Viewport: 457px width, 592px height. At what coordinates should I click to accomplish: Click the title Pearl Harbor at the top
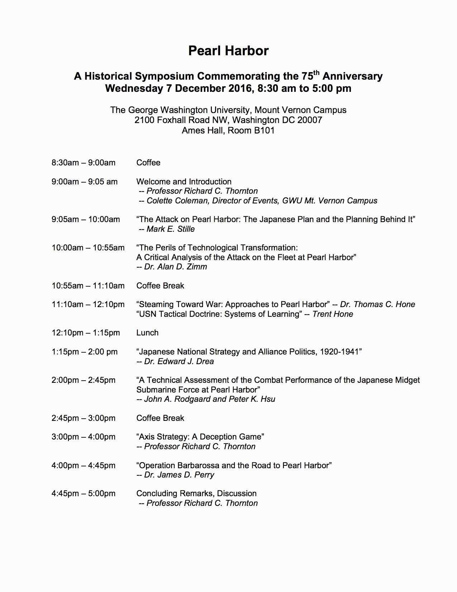click(x=228, y=51)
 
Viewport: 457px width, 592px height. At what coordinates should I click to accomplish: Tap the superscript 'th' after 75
click(x=315, y=72)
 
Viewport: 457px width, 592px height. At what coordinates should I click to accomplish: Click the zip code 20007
click(x=310, y=120)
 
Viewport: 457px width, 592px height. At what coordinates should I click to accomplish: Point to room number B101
click(x=264, y=130)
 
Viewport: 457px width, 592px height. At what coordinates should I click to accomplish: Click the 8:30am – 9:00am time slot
click(x=84, y=163)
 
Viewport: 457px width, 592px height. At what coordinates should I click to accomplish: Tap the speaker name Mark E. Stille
click(x=171, y=229)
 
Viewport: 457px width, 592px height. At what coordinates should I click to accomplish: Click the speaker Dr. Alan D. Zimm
click(x=175, y=267)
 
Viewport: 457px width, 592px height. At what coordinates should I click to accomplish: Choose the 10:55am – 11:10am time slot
click(x=88, y=286)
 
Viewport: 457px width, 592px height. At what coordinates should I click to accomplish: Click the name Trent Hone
click(x=333, y=314)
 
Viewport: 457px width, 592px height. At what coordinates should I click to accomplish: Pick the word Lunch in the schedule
click(x=147, y=333)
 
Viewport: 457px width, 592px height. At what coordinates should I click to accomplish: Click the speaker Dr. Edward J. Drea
click(x=179, y=361)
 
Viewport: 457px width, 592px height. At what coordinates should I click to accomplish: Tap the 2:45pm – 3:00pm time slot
click(x=84, y=418)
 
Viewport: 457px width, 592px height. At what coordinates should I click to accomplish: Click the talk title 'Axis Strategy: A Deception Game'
click(x=200, y=437)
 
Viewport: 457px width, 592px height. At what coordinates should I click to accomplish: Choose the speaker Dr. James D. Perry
click(x=179, y=475)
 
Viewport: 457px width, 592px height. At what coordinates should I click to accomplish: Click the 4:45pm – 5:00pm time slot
click(x=84, y=493)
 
